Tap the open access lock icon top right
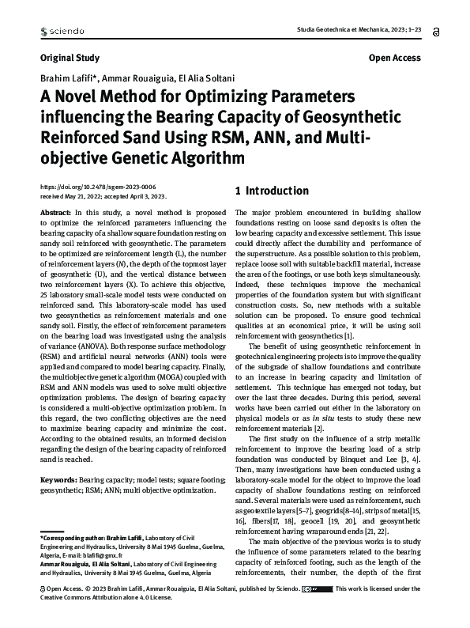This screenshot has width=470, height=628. click(437, 30)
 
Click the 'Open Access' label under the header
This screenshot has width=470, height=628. click(394, 58)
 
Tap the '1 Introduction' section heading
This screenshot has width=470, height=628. click(273, 191)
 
